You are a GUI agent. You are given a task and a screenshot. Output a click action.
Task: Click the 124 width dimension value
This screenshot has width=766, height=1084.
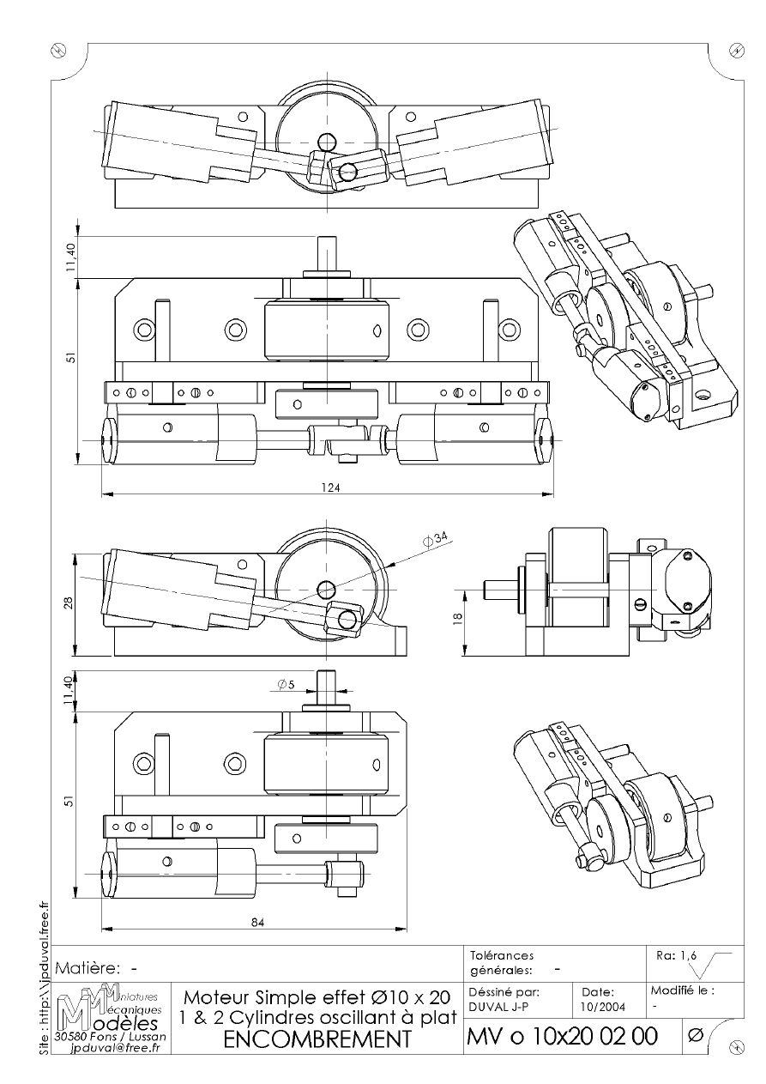coord(331,487)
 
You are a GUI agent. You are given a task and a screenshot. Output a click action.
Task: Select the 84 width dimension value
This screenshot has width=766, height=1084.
coord(257,923)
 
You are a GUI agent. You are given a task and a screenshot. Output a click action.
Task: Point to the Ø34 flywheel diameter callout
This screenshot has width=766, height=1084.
coord(435,539)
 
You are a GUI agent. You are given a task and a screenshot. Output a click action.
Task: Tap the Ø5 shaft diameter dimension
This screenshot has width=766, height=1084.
coord(286,684)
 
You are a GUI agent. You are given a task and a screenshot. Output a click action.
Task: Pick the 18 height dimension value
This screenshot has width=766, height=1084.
coord(458,617)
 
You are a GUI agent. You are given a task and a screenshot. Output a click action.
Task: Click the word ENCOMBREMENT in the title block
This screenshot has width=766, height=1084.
coord(317,1039)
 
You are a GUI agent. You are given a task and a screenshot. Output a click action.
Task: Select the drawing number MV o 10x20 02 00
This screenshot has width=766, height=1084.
coord(563,1036)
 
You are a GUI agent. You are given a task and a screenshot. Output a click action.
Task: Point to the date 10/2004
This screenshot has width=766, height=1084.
coord(603,1007)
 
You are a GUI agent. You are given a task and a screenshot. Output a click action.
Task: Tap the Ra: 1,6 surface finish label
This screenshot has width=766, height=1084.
coord(676,955)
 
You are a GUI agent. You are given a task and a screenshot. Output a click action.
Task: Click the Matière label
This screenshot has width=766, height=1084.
coord(87,968)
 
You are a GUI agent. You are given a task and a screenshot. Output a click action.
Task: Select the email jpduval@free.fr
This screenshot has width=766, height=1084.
coord(115,1048)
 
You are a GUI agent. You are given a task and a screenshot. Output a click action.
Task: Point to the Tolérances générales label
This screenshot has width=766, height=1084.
coord(503,962)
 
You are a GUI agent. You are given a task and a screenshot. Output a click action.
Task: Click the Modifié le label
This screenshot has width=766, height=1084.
coord(682,990)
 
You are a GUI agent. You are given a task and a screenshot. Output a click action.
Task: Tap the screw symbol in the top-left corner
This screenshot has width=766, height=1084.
coord(58,50)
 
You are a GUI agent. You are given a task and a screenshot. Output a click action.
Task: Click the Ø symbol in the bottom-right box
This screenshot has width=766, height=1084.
coord(695,1036)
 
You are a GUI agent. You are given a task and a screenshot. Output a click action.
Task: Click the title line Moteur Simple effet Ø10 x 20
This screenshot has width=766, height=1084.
coord(317,997)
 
